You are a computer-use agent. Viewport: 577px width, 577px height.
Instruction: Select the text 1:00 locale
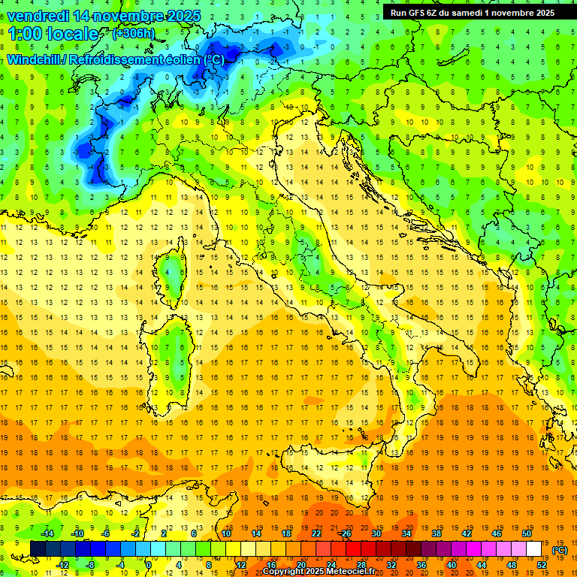point(53,34)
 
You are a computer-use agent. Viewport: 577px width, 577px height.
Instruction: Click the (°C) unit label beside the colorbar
point(559,550)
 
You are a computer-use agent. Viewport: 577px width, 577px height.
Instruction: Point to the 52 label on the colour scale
point(541,565)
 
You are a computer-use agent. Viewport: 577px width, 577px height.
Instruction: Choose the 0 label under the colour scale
point(149,565)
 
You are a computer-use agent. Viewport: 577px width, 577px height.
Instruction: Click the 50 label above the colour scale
point(526,533)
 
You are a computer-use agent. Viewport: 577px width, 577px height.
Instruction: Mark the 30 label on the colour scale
point(376,533)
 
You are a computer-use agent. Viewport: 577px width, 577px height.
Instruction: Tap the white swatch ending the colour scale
point(533,549)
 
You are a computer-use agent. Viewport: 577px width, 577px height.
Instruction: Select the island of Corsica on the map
point(174,274)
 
